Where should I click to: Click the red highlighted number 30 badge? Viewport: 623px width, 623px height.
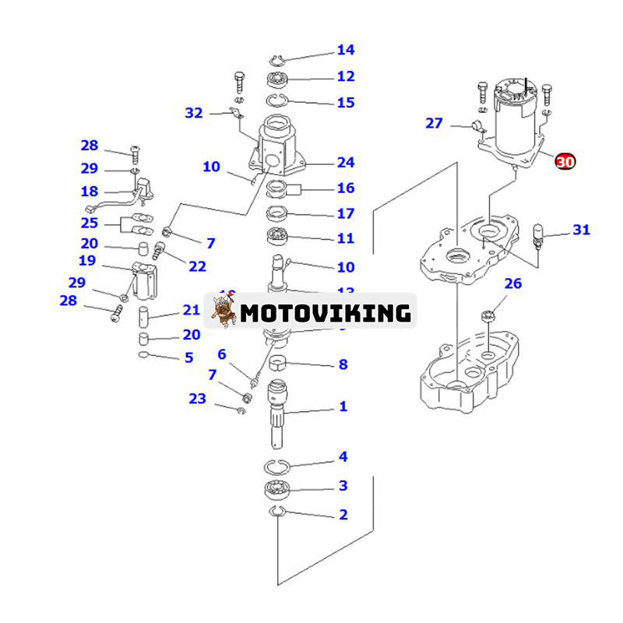[565, 161]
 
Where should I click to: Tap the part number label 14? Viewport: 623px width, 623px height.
[346, 51]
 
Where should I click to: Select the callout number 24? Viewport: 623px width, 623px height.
[346, 163]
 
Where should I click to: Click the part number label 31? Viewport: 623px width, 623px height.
[582, 230]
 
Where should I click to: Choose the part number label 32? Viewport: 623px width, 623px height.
[194, 113]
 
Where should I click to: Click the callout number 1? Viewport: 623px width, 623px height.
[343, 407]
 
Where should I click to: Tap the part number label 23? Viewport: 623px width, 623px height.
[198, 399]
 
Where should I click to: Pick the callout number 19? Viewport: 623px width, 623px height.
[86, 261]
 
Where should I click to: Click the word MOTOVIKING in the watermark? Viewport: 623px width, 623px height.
[325, 313]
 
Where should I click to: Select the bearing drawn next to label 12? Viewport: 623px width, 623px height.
[278, 79]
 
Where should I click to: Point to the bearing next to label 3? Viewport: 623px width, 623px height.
[277, 490]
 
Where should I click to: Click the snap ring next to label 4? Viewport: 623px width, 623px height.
[276, 466]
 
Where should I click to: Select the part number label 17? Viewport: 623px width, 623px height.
[346, 213]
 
